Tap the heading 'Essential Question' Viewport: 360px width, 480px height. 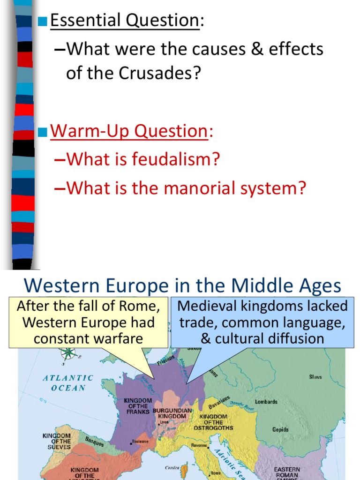pos(124,20)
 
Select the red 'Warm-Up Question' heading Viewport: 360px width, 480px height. pos(128,131)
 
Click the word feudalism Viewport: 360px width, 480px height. pos(172,159)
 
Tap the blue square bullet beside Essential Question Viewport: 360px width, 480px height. pos(43,21)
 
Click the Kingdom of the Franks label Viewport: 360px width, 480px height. pos(138,406)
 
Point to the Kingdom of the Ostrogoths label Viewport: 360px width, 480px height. pos(213,422)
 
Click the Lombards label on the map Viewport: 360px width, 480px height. pos(266,402)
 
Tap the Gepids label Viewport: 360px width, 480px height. pos(280,429)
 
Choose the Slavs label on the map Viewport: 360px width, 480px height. pos(315,377)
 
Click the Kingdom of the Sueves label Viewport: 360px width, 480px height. pos(57,441)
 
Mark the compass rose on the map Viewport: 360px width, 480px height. pos(68,352)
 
